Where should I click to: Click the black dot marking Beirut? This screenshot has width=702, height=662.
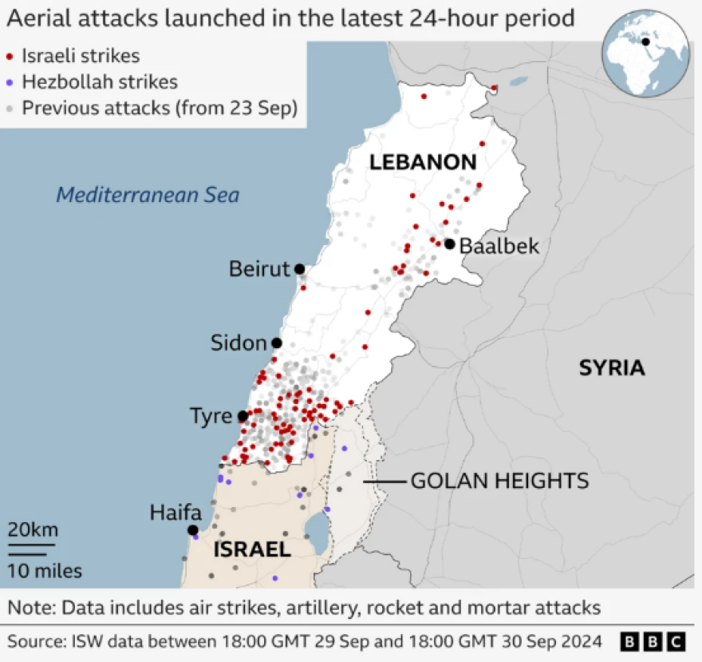point(299,269)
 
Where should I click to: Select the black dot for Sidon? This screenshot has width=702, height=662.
point(277,343)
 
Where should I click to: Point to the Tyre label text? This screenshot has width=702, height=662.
point(211,416)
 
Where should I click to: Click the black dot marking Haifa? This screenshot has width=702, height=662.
point(192,530)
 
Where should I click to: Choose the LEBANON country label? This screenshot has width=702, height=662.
point(422,163)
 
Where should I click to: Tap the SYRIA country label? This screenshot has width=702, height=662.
point(611,367)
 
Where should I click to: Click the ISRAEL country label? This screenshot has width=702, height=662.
point(251,549)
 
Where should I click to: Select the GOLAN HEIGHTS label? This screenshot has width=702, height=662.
point(499,481)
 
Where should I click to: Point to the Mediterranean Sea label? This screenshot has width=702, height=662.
point(148,195)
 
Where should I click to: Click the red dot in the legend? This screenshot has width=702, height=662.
point(10,57)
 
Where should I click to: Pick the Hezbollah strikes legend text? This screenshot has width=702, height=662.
point(100,81)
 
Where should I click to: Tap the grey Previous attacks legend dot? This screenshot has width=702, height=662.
point(10,107)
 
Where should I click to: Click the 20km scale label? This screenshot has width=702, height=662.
point(33,530)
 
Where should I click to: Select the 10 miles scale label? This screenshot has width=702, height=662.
point(45,570)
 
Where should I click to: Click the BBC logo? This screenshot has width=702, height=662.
point(653,641)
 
